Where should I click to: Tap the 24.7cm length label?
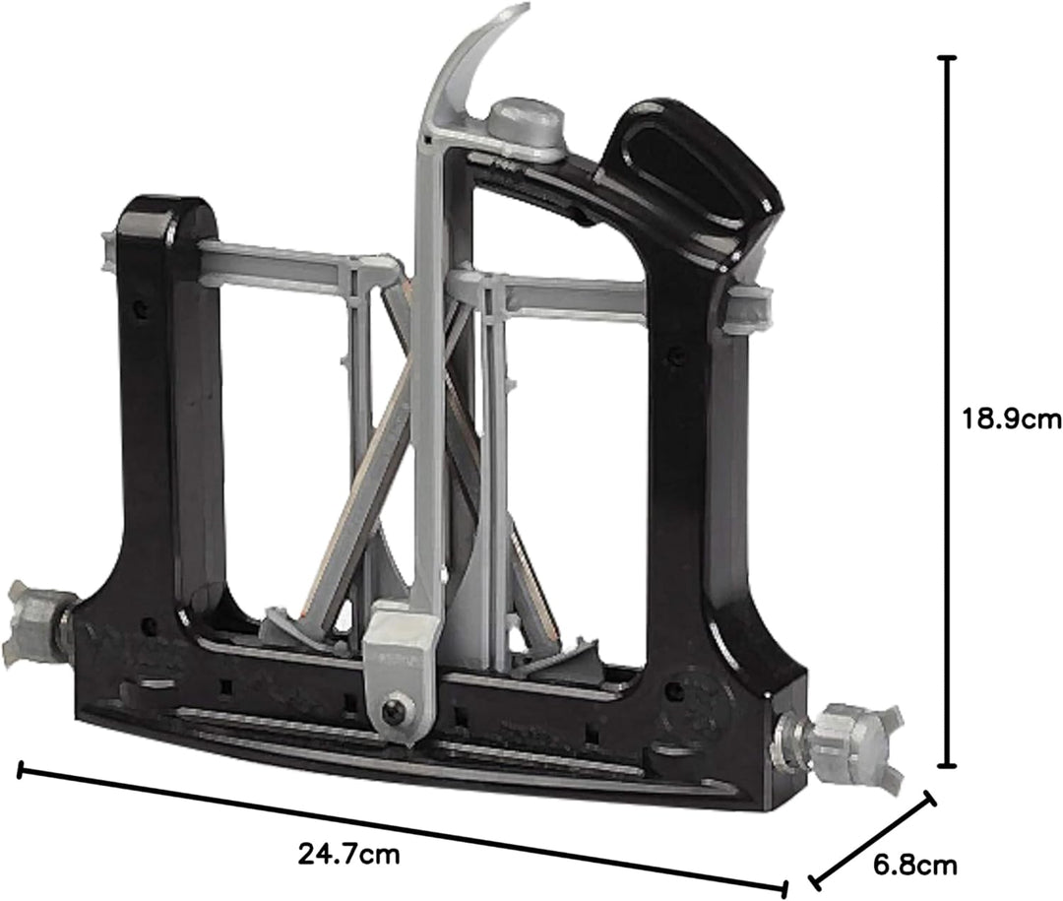pyautogui.click(x=348, y=853)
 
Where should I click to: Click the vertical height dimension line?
pyautogui.click(x=947, y=412)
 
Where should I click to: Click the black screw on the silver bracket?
pyautogui.click(x=394, y=710)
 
